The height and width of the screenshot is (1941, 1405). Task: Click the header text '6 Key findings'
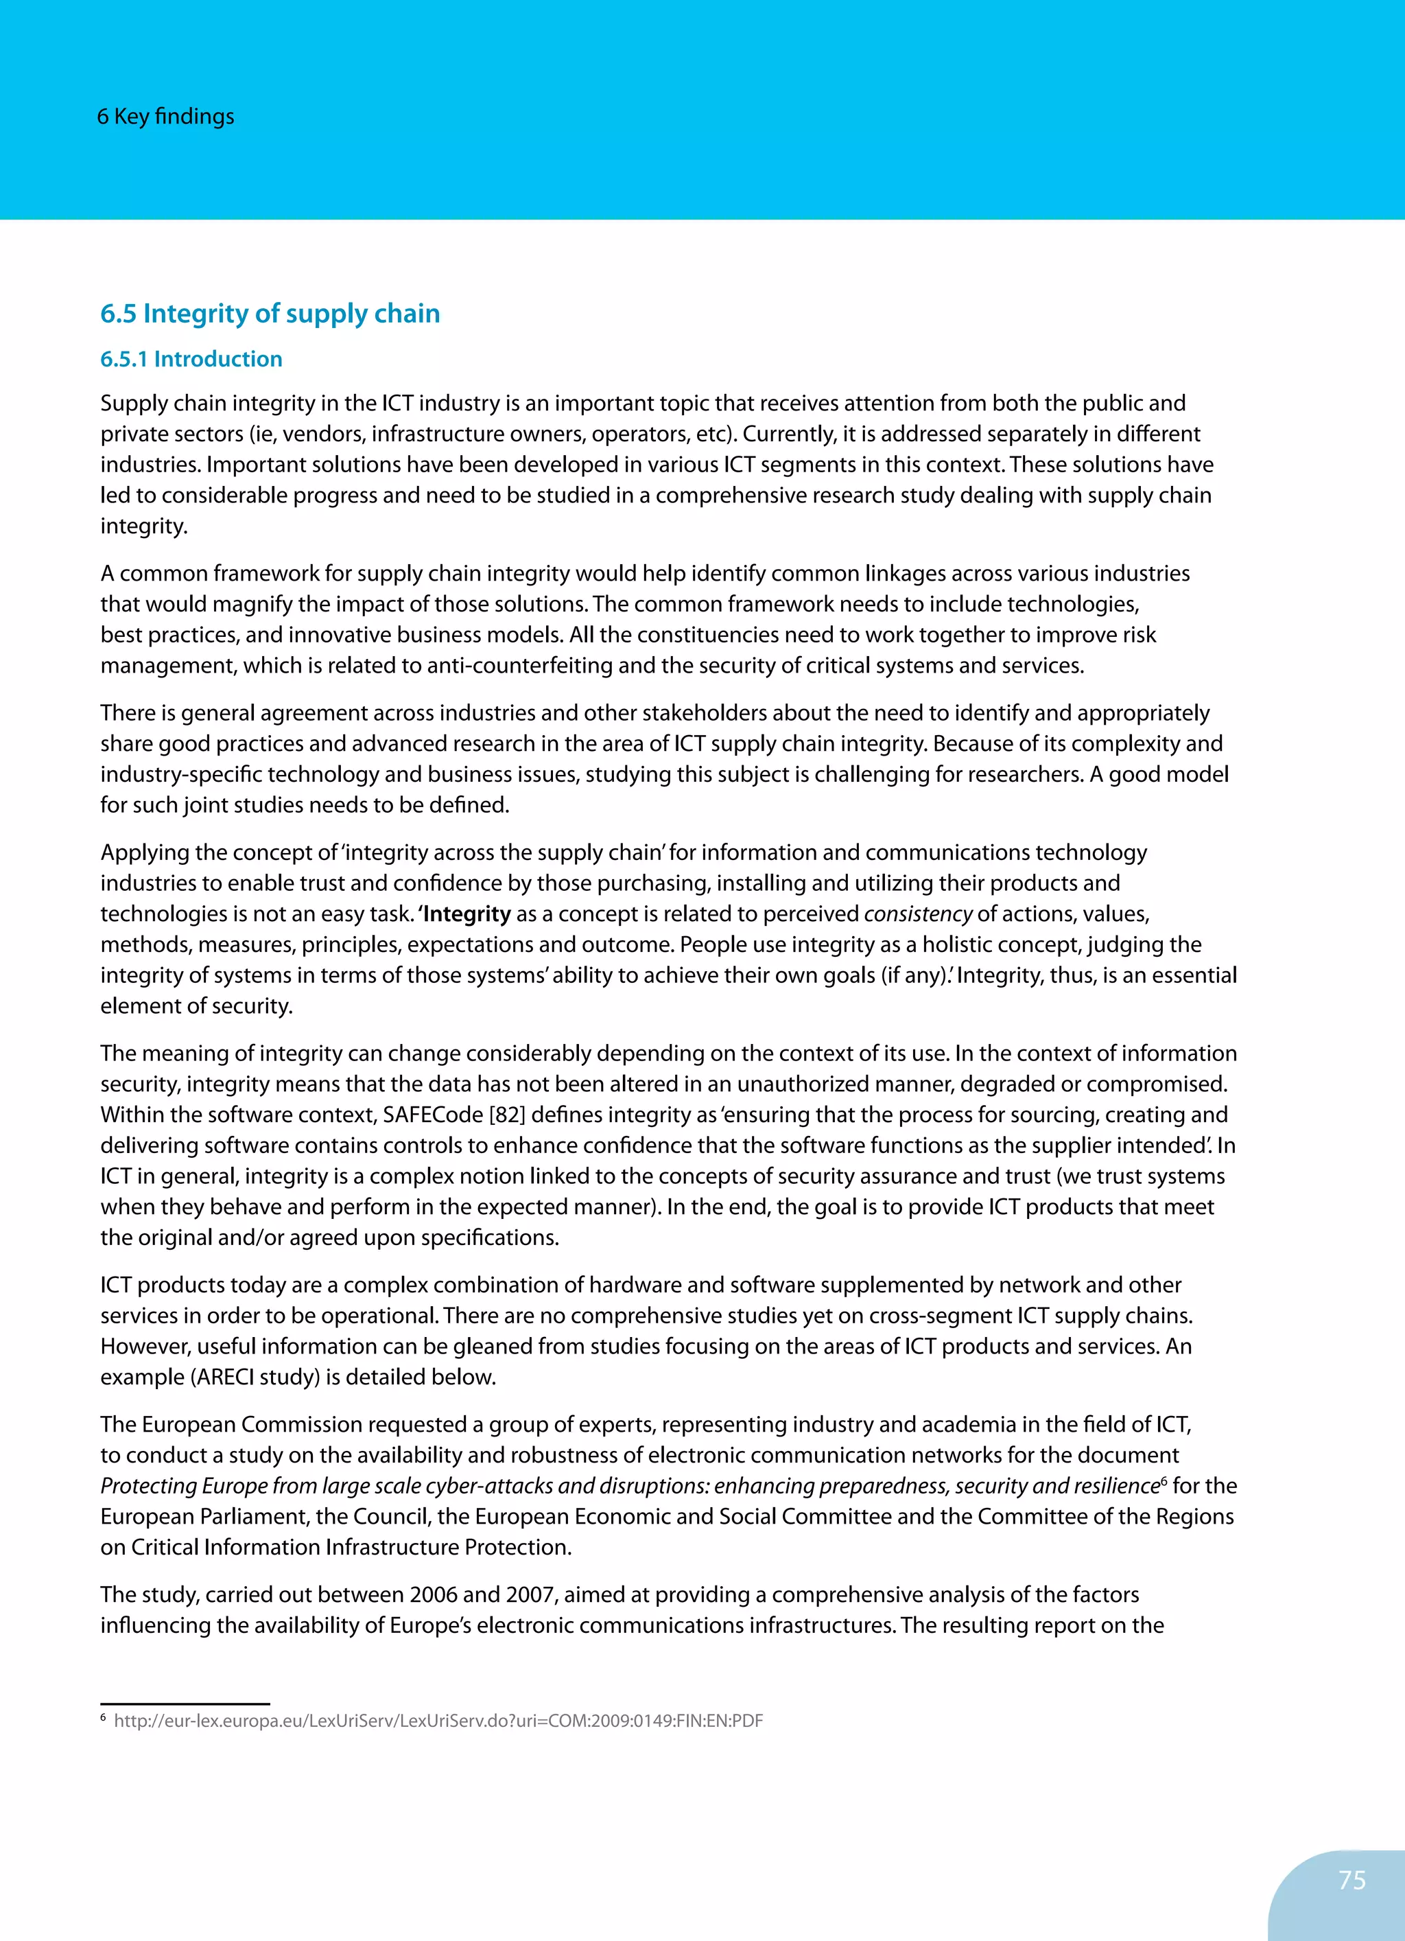coord(165,117)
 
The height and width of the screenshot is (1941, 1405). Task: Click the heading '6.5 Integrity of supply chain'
coord(270,314)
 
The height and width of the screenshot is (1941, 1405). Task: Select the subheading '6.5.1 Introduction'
coord(191,360)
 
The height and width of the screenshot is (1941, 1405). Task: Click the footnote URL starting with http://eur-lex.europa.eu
coord(438,1721)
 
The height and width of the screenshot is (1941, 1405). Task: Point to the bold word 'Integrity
coord(464,914)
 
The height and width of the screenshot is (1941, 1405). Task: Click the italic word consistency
coord(917,914)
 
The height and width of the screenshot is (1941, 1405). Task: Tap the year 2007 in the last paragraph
coord(530,1594)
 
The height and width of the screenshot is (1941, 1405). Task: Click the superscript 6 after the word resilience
coord(1164,1480)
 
